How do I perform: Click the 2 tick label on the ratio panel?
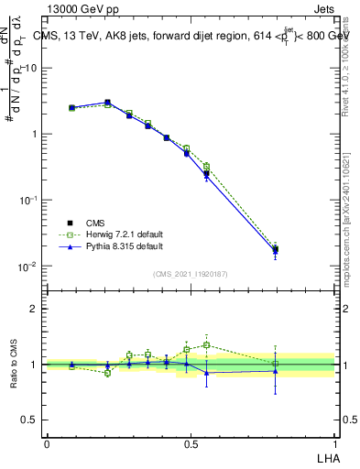(x=34, y=309)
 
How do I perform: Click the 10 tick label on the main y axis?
(x=31, y=68)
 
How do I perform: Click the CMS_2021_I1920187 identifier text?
(x=191, y=274)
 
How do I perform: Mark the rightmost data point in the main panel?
(x=275, y=248)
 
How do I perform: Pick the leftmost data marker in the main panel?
(x=71, y=107)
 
